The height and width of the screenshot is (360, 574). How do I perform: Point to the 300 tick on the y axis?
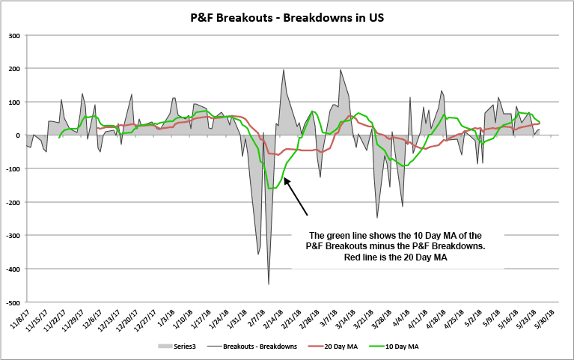pos(13,35)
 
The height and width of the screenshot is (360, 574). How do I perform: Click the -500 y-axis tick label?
pos(12,302)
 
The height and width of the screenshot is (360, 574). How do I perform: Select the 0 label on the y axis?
pos(17,135)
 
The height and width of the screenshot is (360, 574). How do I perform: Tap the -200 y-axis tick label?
pos(12,202)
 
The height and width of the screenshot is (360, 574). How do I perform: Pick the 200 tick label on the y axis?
pos(13,69)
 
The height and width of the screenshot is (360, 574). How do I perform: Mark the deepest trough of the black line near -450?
pos(269,284)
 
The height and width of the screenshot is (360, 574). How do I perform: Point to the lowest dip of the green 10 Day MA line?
pos(271,188)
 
